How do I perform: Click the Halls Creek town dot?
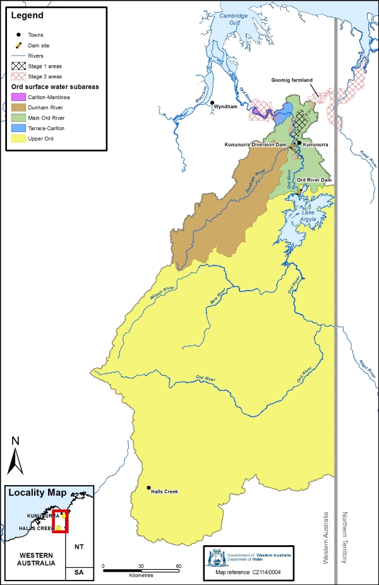pos(149,487)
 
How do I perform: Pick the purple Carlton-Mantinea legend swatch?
pos(18,97)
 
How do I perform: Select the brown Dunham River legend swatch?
pos(18,107)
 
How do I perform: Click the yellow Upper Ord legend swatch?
pos(18,137)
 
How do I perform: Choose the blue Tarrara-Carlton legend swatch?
pos(18,127)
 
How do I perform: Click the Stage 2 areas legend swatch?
pos(18,75)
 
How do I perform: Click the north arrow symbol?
pos(15,455)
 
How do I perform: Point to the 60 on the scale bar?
pos(179,566)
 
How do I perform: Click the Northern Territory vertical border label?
pos(346,539)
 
